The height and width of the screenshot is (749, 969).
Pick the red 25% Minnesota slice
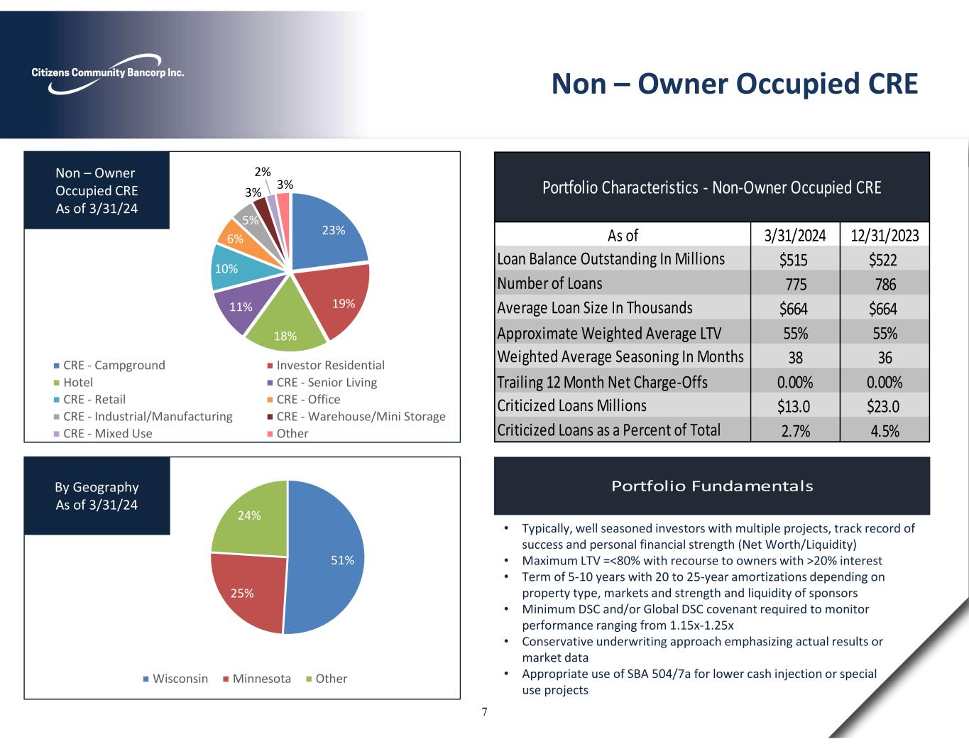pos(245,589)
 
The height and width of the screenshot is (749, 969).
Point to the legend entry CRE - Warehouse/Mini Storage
pos(361,417)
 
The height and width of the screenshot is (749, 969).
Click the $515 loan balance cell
pos(794,260)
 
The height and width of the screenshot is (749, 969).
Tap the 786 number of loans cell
pos(885,285)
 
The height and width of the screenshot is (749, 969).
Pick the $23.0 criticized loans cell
pos(884,406)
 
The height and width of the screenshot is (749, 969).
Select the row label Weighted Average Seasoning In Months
pos(620,356)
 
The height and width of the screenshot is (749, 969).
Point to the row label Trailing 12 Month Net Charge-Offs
pos(602,382)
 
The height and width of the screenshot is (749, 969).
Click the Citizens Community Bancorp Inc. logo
pos(107,73)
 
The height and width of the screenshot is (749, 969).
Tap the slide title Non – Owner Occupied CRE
pos(735,84)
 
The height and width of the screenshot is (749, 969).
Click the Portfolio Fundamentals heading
pos(712,486)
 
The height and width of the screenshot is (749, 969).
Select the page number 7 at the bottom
pos(484,712)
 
